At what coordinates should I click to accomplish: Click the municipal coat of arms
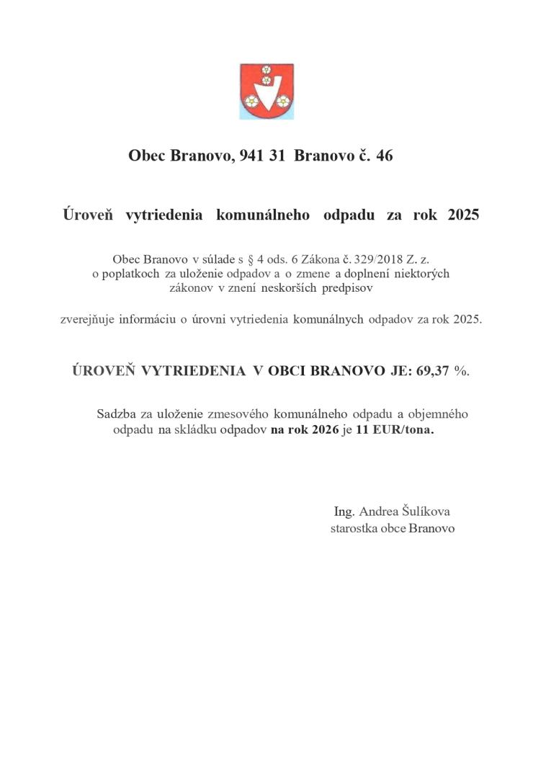point(266,91)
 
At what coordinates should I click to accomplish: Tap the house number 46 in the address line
point(384,155)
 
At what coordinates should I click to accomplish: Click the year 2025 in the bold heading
point(462,215)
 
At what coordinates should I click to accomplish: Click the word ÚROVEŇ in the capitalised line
point(104,370)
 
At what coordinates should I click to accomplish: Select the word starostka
point(355,528)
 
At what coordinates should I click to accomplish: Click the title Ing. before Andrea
point(344,511)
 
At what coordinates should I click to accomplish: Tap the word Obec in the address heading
point(147,155)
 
